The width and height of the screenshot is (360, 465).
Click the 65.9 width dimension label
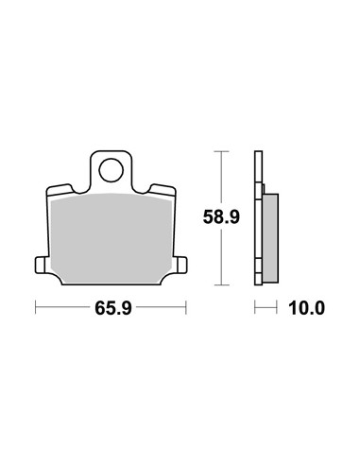coord(113,308)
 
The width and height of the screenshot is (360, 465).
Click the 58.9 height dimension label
coord(221,216)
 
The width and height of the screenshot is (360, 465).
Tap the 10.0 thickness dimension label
coord(306,308)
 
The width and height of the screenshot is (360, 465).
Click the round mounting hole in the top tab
coord(111,170)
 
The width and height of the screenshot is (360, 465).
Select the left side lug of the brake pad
coord(42,265)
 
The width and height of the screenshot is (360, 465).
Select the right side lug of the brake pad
coord(180,265)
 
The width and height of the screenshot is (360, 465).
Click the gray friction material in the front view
coord(111,238)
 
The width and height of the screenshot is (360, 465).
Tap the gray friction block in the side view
coord(270,238)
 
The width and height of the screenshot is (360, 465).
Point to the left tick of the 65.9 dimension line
coord(36,307)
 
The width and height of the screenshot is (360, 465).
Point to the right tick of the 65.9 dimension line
coord(186,307)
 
